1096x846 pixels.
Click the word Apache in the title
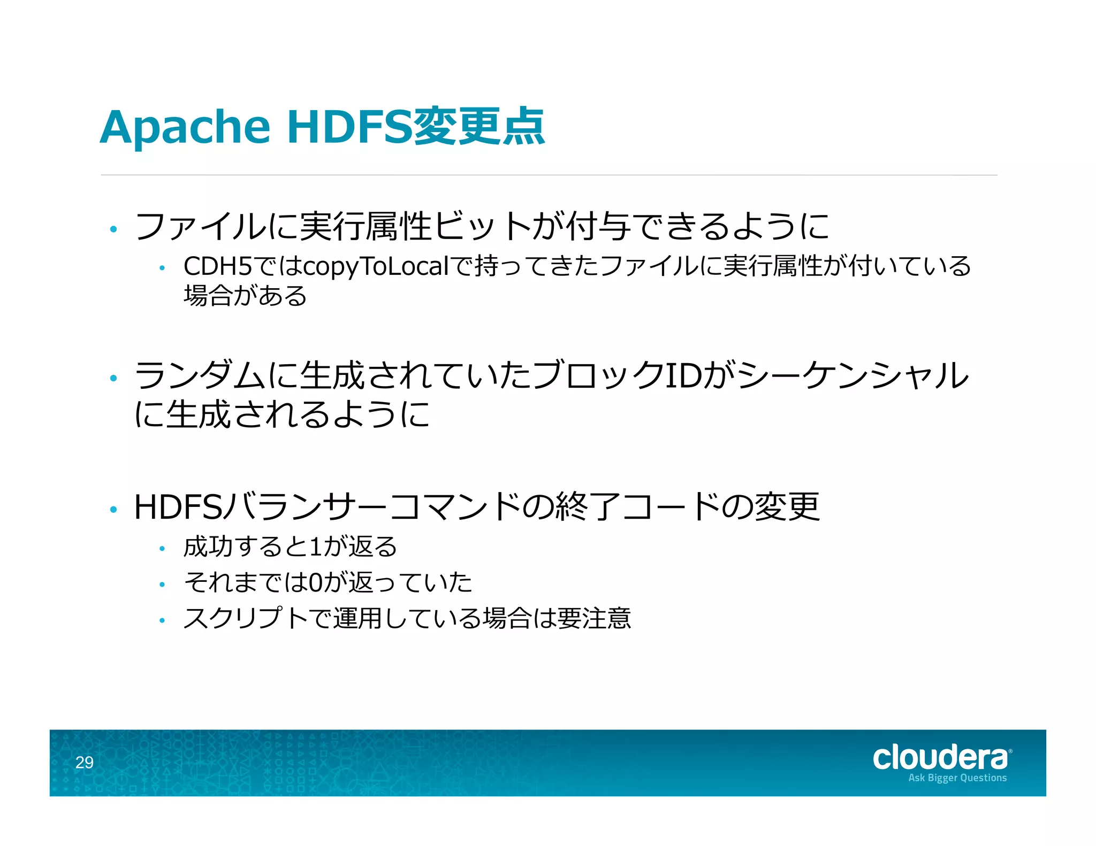pyautogui.click(x=185, y=127)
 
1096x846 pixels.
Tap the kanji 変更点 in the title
pyautogui.click(x=479, y=127)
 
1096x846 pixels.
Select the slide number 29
pyautogui.click(x=85, y=762)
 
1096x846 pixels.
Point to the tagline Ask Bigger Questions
pyautogui.click(x=957, y=778)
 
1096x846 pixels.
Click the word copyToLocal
pyautogui.click(x=376, y=266)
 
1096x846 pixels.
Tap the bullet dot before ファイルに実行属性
pyautogui.click(x=113, y=229)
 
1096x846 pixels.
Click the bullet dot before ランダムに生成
pyautogui.click(x=113, y=379)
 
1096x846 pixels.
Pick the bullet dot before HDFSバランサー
pyautogui.click(x=113, y=510)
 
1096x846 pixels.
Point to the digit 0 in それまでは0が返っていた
pyautogui.click(x=316, y=582)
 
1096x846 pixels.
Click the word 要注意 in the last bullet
pyautogui.click(x=594, y=619)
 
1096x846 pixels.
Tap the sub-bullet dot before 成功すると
pyautogui.click(x=162, y=549)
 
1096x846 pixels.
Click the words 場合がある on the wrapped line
pyautogui.click(x=245, y=296)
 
